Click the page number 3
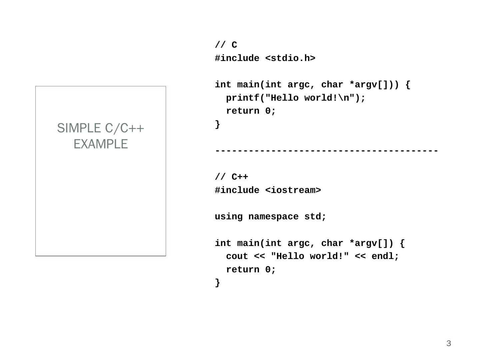click(449, 344)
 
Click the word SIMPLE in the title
click(79, 128)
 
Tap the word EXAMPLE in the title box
click(101, 144)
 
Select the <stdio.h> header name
click(290, 58)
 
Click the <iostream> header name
click(293, 190)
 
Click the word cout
click(237, 256)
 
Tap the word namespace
click(273, 217)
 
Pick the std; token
click(315, 217)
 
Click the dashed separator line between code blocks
click(326, 151)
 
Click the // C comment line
click(226, 45)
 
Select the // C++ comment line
click(231, 177)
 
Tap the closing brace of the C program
click(218, 124)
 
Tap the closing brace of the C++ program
click(218, 283)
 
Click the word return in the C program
click(243, 111)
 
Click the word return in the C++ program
click(243, 269)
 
